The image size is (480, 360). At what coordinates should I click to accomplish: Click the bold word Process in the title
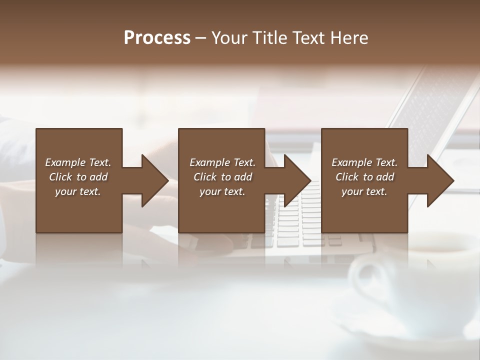[157, 37]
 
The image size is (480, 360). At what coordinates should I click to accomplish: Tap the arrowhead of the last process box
[440, 180]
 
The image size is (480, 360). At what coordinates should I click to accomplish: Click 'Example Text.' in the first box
[78, 162]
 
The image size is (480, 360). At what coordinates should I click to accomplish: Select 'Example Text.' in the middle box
[222, 162]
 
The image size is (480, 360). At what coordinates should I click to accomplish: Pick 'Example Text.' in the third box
[364, 162]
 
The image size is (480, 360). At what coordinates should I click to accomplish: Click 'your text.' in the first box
[78, 191]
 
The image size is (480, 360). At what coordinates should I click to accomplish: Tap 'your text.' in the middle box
[222, 191]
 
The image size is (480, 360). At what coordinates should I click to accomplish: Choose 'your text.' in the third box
[364, 191]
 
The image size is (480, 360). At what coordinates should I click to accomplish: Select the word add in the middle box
[242, 177]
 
